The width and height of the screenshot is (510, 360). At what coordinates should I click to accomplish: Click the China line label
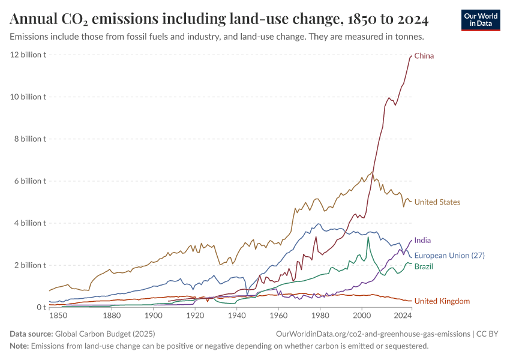tap(424, 56)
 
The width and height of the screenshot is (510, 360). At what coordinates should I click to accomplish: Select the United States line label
tap(437, 202)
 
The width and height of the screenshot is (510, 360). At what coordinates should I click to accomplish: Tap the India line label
tap(422, 241)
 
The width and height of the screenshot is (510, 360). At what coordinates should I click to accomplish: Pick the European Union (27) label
tap(449, 256)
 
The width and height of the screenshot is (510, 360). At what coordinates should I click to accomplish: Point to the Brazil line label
tap(424, 266)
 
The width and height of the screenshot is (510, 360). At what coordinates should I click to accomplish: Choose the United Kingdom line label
tap(442, 301)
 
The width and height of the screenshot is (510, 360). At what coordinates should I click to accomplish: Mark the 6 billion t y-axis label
tap(30, 181)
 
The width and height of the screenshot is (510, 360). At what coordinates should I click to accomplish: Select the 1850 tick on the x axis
tap(58, 316)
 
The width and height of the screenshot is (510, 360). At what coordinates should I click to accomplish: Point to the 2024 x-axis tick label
tap(403, 316)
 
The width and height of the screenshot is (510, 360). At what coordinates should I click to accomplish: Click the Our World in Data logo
tap(481, 20)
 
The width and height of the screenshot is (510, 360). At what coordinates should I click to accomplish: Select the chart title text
tap(219, 20)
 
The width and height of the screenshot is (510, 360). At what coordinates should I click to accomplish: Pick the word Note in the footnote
tap(19, 346)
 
